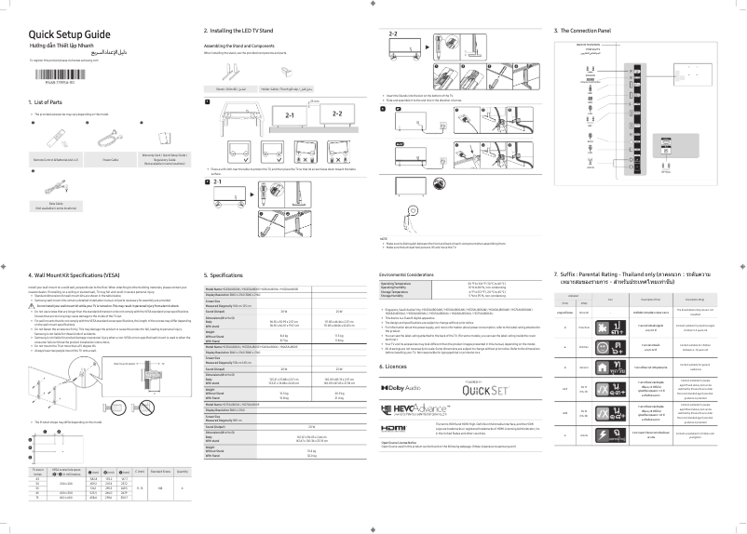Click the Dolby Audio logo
click(403, 382)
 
